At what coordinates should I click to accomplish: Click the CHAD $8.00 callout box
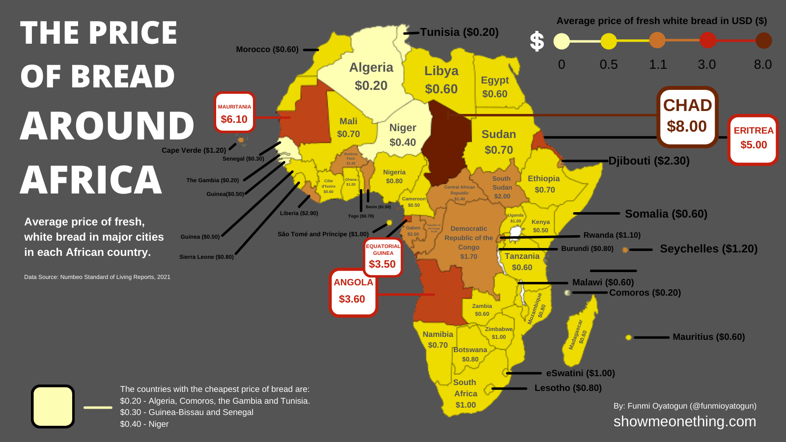[x=687, y=116]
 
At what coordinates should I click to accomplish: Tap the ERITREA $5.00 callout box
[x=753, y=139]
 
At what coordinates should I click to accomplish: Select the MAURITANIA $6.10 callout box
[x=234, y=112]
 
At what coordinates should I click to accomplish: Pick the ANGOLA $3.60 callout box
[x=353, y=292]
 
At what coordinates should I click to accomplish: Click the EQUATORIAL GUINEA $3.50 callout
[x=383, y=257]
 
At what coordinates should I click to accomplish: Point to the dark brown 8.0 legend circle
[x=763, y=41]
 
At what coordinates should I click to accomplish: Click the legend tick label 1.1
[x=658, y=64]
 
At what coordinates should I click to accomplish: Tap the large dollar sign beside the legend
[x=536, y=41]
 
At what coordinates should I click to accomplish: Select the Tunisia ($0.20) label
[x=459, y=32]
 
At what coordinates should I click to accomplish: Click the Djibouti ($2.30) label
[x=648, y=161]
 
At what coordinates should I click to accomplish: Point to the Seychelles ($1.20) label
[x=708, y=249]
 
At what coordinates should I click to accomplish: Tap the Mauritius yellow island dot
[x=628, y=337]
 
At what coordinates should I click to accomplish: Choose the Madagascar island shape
[x=580, y=329]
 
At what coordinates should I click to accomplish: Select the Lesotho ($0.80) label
[x=568, y=388]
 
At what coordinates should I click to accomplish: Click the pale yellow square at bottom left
[x=53, y=406]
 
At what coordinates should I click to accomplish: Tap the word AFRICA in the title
[x=91, y=180]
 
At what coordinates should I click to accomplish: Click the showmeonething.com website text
[x=684, y=421]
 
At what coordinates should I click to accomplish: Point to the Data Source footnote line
[x=97, y=277]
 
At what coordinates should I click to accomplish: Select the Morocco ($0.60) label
[x=267, y=49]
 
